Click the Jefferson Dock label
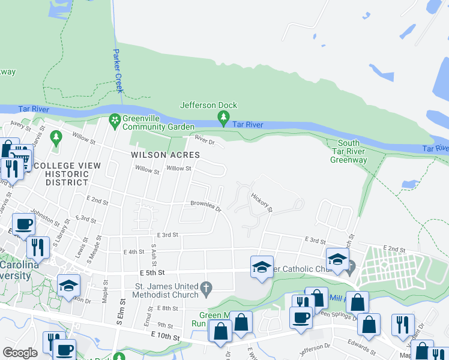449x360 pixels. pos(209,105)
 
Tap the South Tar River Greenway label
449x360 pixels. pos(349,151)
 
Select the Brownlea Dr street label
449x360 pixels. pos(206,206)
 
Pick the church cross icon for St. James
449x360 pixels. pos(206,289)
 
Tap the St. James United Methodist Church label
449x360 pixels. pos(167,289)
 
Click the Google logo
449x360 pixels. pos(20,353)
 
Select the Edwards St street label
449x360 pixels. pos(360,346)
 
